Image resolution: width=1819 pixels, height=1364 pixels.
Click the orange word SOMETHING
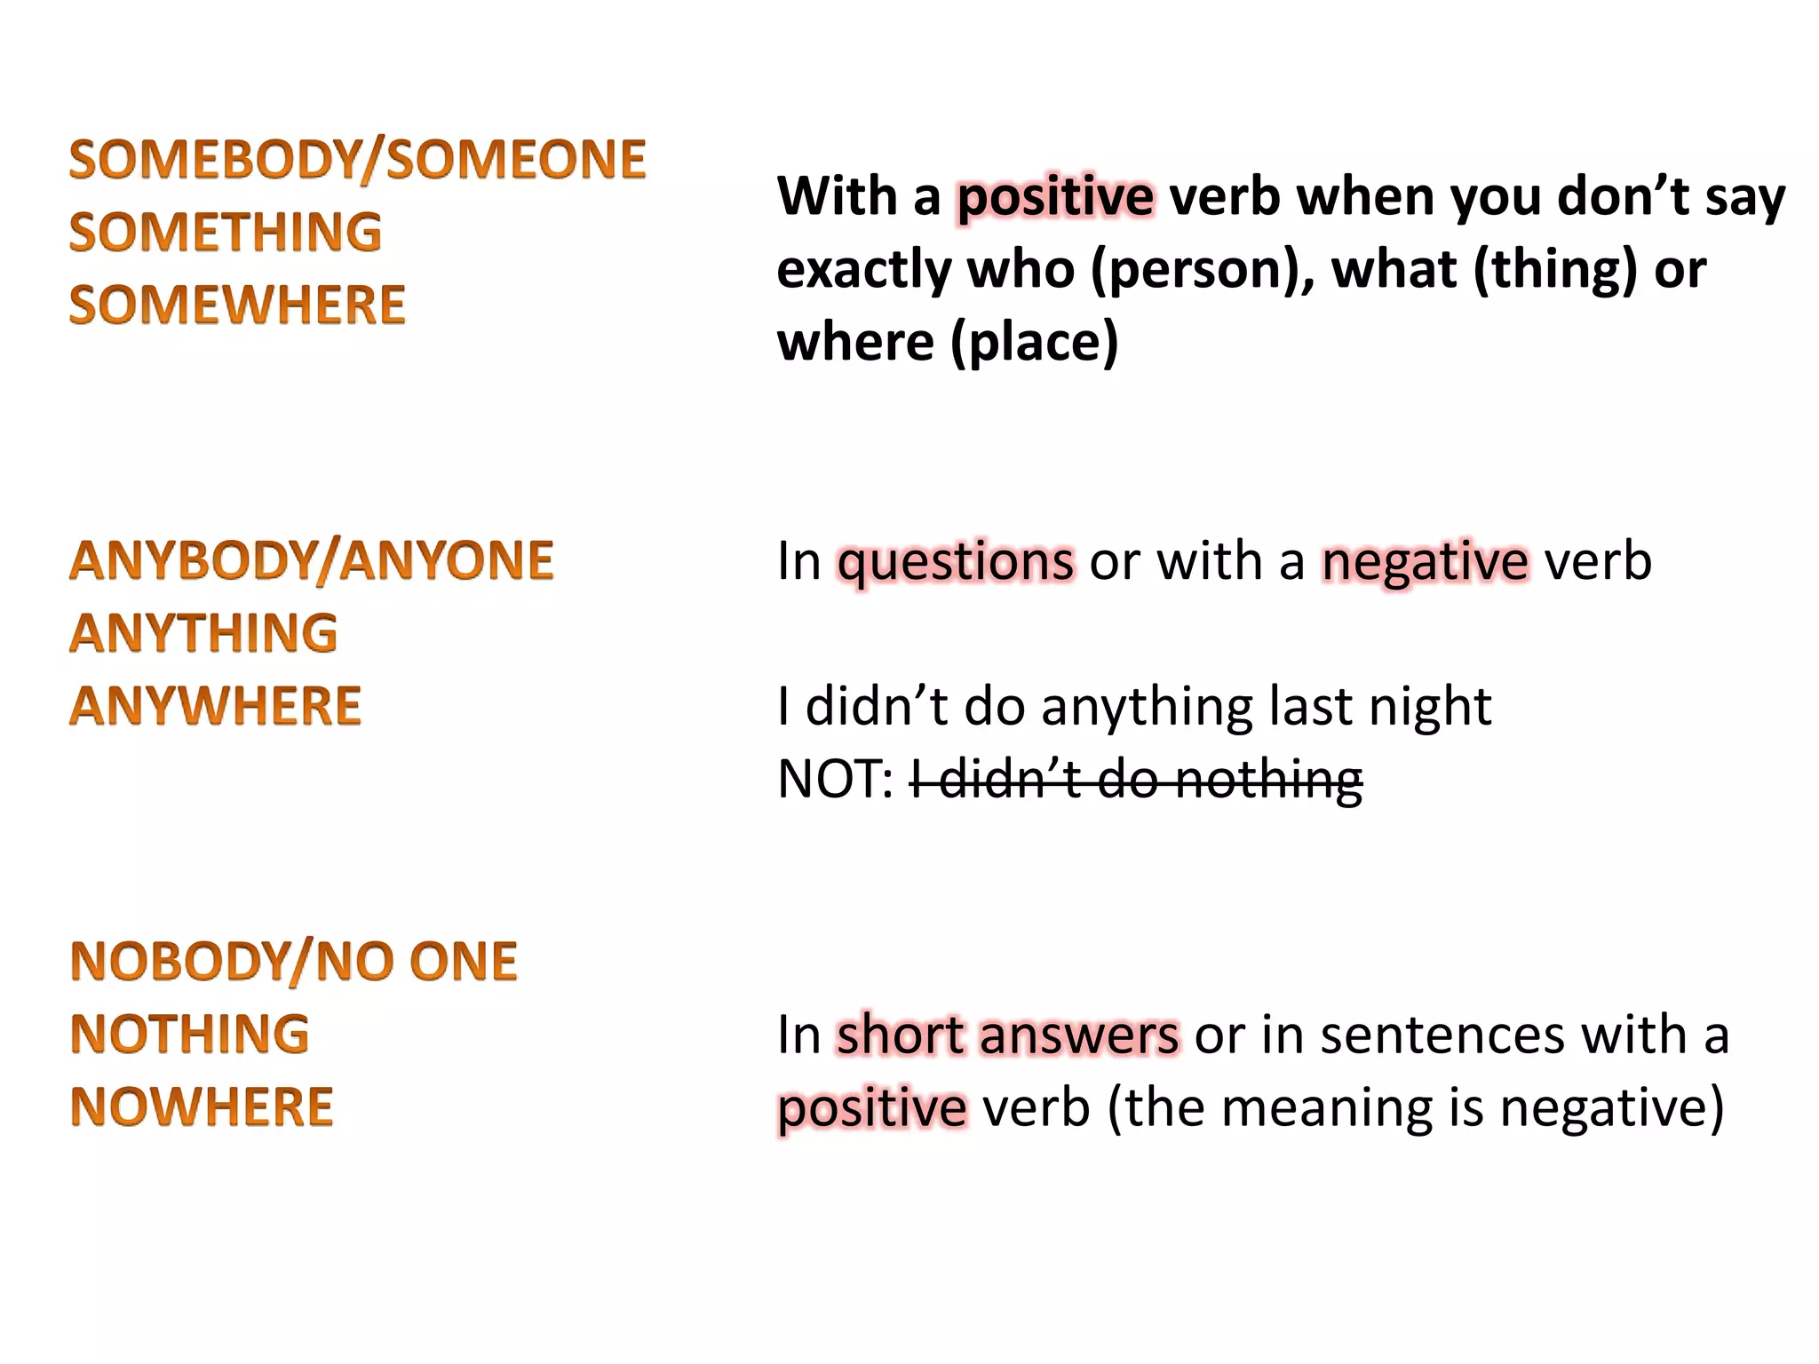225,233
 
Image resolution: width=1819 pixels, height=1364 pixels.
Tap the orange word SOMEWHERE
237,305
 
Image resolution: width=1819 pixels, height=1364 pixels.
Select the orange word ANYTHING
203,633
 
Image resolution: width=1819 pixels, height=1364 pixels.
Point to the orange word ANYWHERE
215,706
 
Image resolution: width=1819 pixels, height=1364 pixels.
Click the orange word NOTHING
189,1035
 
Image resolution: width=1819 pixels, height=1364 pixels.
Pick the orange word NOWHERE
202,1107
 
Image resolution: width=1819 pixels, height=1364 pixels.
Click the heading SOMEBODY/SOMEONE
357,160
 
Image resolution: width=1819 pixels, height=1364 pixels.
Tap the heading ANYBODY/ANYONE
311,561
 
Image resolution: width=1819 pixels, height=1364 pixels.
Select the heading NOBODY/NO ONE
293,962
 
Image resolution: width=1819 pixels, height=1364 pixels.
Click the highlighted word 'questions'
956,563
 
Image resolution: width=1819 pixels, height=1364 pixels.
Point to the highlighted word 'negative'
1426,563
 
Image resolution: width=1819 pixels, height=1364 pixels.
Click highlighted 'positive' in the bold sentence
1055,197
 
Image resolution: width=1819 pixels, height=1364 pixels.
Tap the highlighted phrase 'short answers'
1008,1035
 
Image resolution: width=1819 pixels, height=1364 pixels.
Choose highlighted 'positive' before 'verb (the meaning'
872,1109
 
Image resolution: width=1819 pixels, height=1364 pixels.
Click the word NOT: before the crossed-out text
835,780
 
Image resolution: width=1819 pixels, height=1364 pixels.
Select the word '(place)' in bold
1034,343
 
